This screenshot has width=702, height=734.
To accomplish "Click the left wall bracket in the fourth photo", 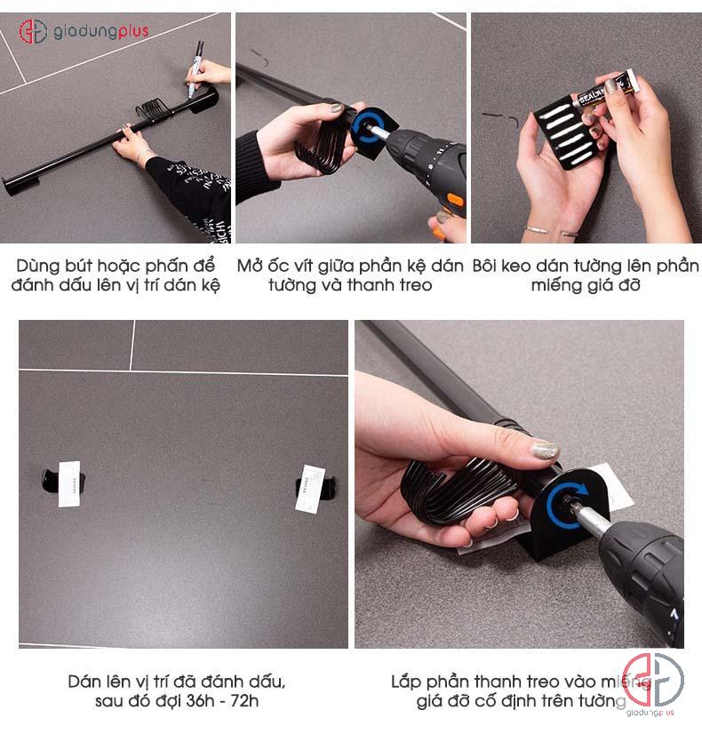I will (x=62, y=483).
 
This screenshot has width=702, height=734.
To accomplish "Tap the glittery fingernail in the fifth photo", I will (x=544, y=449).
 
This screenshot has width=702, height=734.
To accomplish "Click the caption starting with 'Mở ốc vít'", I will (x=350, y=275).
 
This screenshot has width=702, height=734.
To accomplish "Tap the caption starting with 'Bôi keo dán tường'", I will (x=586, y=275).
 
